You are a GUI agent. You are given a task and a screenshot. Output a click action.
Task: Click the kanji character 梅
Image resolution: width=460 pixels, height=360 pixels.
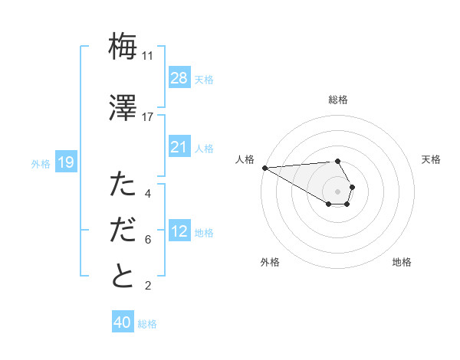(123, 47)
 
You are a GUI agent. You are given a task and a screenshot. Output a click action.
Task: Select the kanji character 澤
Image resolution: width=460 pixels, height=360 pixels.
(123, 109)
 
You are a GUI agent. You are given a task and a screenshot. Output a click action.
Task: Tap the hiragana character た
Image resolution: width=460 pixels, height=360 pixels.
(123, 185)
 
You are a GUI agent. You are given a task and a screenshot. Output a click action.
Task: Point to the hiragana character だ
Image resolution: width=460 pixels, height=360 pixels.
(123, 231)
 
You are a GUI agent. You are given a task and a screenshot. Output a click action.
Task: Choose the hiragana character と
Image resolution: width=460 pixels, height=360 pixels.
(123, 276)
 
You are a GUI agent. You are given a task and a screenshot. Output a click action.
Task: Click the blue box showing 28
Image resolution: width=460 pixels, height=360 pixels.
(179, 78)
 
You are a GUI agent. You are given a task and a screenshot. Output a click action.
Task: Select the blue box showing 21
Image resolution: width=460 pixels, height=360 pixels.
(179, 146)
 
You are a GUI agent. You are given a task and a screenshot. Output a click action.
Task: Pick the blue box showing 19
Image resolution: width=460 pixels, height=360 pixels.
(66, 162)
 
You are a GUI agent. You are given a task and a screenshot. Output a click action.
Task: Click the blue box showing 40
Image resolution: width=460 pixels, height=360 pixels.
(123, 322)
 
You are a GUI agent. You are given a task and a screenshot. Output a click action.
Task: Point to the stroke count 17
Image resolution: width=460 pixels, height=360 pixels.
(148, 117)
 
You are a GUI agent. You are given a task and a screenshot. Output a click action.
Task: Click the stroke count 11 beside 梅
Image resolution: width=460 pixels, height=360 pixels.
(147, 56)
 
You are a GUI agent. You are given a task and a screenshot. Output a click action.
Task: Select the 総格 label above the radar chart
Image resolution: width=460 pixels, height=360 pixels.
(338, 100)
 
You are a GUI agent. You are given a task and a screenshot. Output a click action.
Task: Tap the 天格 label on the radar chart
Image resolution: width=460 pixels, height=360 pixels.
(431, 159)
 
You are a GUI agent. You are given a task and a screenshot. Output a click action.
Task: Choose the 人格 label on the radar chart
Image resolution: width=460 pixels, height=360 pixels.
(245, 159)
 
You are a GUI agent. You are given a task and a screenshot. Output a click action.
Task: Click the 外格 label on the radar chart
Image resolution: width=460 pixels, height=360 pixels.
(270, 262)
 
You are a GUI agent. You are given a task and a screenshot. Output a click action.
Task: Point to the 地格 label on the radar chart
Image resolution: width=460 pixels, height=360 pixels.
(402, 262)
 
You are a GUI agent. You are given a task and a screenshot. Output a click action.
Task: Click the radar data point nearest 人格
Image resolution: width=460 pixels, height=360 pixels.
(264, 168)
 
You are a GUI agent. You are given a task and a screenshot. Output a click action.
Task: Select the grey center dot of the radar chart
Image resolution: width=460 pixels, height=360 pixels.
(338, 191)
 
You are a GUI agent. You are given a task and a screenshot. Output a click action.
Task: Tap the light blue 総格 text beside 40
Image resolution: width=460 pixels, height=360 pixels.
(147, 324)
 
